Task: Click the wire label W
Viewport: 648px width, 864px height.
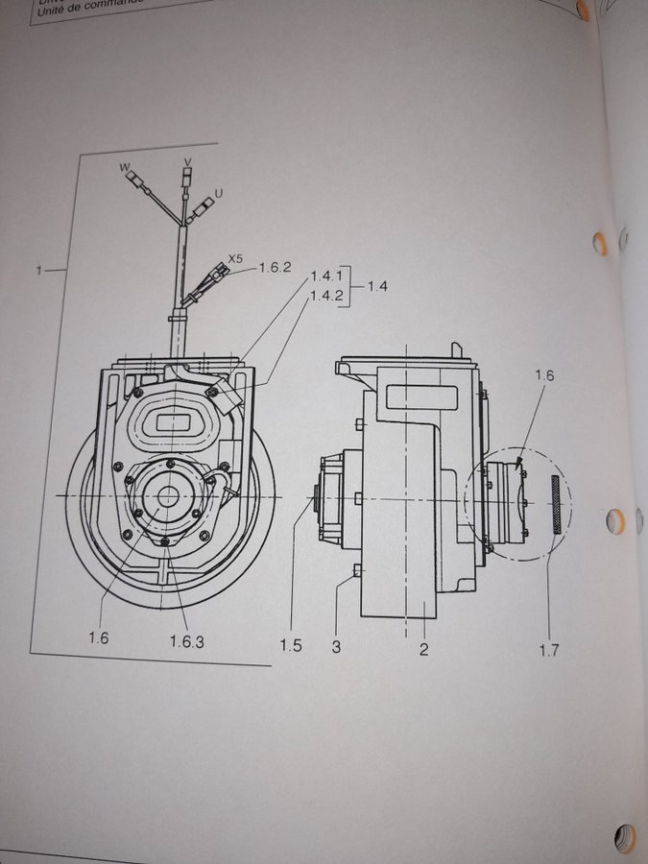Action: pos(124,167)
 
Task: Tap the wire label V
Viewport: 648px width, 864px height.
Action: pos(187,160)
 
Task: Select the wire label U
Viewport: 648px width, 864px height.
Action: pos(219,194)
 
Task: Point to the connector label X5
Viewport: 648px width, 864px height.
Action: pos(235,258)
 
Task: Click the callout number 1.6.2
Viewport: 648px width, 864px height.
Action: pos(275,269)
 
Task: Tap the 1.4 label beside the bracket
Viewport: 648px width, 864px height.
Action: pos(377,286)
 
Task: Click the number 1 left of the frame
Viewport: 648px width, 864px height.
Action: pos(38,272)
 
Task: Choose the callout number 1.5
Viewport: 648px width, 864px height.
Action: pos(292,645)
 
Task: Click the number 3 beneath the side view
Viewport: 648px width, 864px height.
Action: pos(336,646)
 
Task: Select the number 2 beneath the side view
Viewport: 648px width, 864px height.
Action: pos(423,649)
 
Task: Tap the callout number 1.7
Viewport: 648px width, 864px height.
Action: pos(548,651)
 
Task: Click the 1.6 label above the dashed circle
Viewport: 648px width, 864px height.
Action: pos(544,375)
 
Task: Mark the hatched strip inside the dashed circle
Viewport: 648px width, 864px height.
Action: pos(554,505)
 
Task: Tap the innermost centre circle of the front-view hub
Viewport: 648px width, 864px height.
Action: pos(167,496)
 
